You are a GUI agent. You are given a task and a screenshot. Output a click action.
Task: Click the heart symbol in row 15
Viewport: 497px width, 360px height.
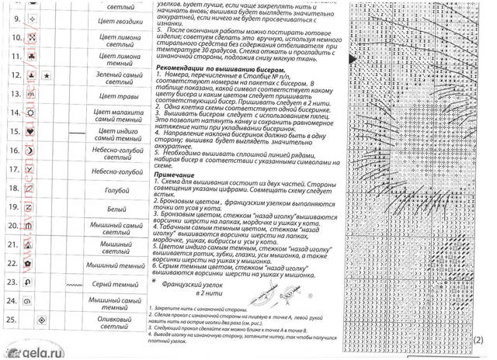click(x=29, y=132)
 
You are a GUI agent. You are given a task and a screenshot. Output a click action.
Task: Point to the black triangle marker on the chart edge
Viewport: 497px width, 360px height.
click(x=353, y=57)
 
